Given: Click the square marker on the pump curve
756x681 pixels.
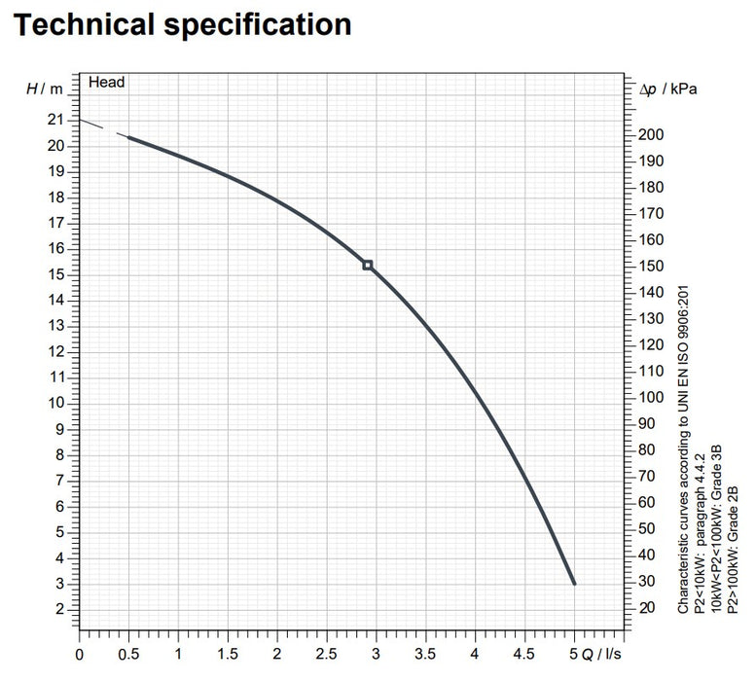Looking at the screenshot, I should click(367, 265).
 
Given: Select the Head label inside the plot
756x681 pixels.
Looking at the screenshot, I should click(107, 83).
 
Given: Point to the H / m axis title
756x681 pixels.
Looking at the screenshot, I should click(44, 89).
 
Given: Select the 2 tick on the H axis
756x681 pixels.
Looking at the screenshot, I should click(60, 609).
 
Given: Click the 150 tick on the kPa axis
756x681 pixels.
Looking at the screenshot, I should click(655, 267).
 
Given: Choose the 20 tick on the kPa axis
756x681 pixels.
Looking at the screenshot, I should click(651, 608).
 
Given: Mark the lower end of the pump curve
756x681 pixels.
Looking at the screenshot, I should click(574, 582).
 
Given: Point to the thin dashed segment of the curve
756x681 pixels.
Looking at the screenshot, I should click(102, 128).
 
